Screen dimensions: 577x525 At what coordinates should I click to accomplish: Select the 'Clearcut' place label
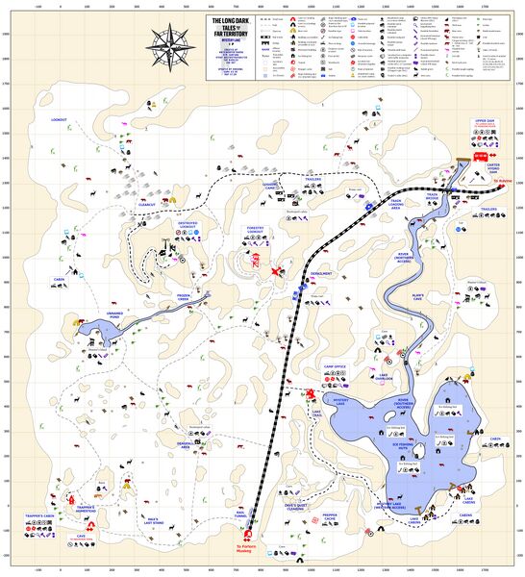[x=147, y=205]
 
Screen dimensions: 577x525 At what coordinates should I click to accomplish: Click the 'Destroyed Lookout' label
[x=193, y=226]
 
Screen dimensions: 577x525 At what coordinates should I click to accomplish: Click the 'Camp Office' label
[x=334, y=366]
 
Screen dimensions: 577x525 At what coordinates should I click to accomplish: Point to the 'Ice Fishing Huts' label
[x=408, y=445]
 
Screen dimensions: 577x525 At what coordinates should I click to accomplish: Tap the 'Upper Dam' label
[x=483, y=122]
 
